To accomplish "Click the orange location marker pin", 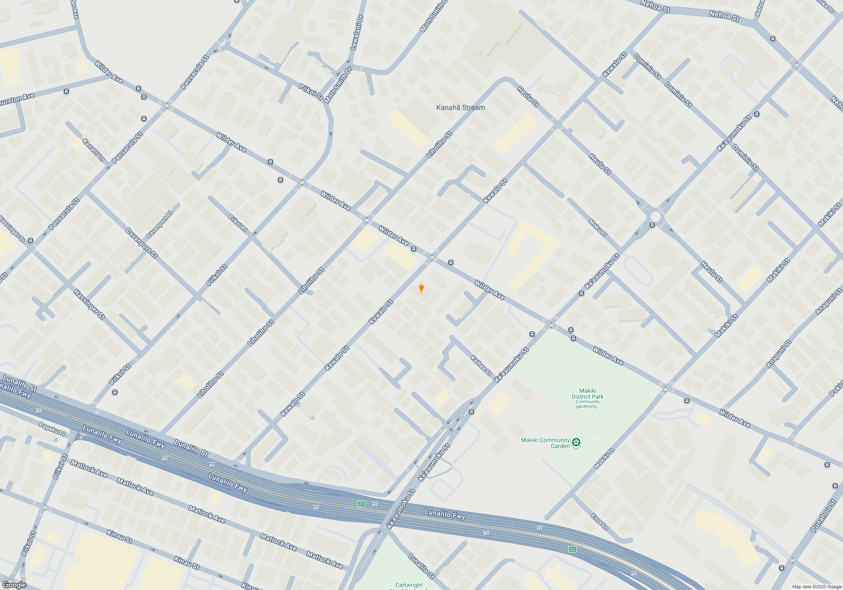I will coord(421,287).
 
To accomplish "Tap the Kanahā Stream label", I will coord(460,107).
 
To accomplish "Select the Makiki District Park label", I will coord(587,394).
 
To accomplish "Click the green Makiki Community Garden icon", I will coord(576,442).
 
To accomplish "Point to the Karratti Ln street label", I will coord(93,150).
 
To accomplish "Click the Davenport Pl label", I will coord(159,225).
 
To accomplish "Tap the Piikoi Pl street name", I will coord(238,223).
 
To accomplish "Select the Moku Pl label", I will coord(598,228).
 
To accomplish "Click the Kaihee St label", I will coord(481,366).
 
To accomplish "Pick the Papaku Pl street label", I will coord(52,429).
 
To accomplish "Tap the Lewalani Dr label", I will coord(357,33).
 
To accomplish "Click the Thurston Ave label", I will coord(17,99).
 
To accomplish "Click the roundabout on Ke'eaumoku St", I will coord(655,217).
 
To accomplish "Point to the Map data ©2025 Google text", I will coord(816,587).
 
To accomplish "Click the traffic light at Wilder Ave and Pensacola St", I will coord(167,106).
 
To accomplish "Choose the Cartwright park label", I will coord(408,585).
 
